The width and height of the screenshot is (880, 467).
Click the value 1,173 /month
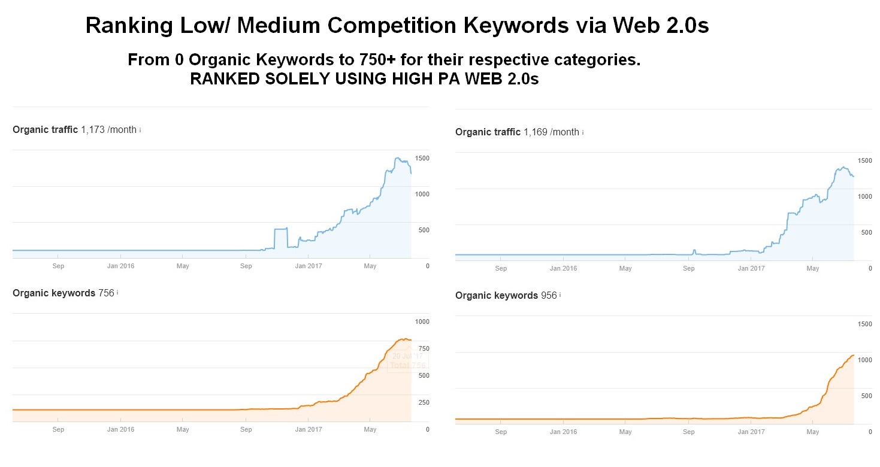pyautogui.click(x=108, y=130)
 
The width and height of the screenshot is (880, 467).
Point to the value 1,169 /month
pyautogui.click(x=551, y=132)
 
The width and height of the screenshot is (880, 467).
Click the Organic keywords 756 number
pyautogui.click(x=106, y=293)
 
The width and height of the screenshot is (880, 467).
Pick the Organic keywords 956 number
pyautogui.click(x=549, y=296)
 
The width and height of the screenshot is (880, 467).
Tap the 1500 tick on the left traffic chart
pyautogui.click(x=422, y=158)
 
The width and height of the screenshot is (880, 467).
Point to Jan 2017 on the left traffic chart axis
pyautogui.click(x=309, y=266)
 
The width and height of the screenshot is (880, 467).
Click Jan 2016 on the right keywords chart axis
pyautogui.click(x=563, y=432)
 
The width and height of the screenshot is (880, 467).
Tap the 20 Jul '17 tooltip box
pyautogui.click(x=408, y=360)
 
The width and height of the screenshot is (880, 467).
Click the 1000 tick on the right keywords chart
pyautogui.click(x=865, y=360)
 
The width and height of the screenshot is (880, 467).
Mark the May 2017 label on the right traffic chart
pyautogui.click(x=812, y=268)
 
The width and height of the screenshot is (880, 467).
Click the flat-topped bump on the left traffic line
pyautogui.click(x=280, y=229)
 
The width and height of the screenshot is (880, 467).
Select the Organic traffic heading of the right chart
pyautogui.click(x=488, y=132)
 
